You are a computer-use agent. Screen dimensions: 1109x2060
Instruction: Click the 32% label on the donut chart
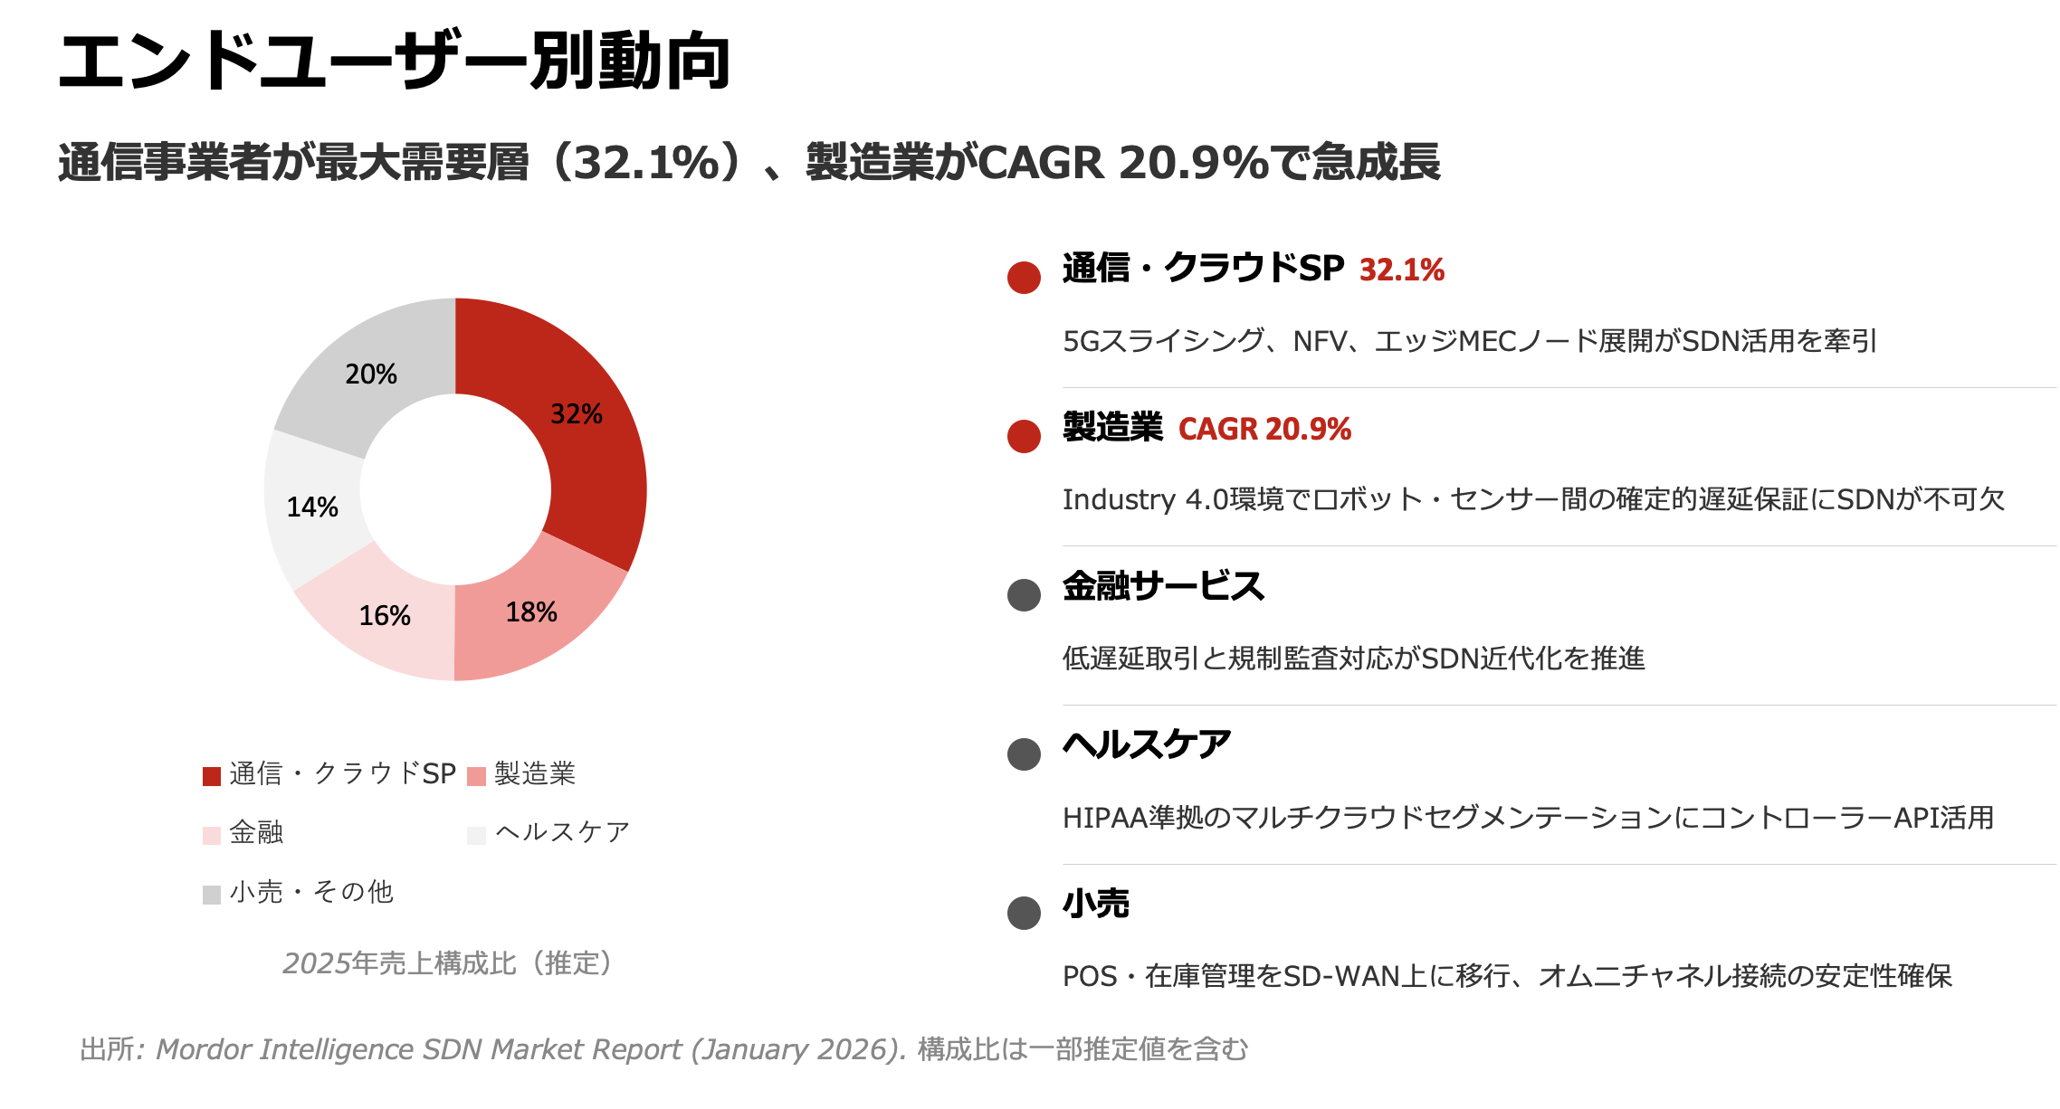coord(576,414)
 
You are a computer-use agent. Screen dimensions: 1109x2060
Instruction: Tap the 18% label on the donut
coord(531,612)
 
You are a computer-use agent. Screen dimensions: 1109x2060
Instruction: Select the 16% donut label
coord(385,616)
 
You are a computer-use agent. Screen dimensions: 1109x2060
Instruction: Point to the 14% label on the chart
coord(312,507)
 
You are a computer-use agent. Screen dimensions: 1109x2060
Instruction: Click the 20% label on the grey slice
coord(371,374)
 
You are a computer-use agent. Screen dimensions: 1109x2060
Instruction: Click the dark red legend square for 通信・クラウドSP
coord(212,776)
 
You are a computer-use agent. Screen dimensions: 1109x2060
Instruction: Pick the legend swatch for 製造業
coord(477,776)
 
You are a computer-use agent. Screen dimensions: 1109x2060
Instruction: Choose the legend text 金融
coord(256,832)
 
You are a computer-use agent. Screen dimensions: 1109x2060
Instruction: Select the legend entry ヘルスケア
coord(562,832)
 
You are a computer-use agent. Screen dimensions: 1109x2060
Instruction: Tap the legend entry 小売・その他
coord(311,893)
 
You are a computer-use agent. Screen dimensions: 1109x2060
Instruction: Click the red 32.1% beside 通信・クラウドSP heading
coord(1401,270)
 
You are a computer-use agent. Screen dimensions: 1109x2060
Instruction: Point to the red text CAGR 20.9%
coord(1264,430)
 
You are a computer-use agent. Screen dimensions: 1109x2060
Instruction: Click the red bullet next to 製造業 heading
coord(1024,437)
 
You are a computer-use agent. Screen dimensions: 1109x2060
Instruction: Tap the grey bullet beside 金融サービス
coord(1024,595)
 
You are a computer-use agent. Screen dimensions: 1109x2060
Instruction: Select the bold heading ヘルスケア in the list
coord(1147,745)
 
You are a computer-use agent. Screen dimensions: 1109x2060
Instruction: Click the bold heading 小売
coord(1096,904)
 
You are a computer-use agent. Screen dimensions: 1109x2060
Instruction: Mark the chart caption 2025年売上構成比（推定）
coord(449,963)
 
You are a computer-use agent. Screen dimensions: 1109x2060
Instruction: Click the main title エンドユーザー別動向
coord(395,62)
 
